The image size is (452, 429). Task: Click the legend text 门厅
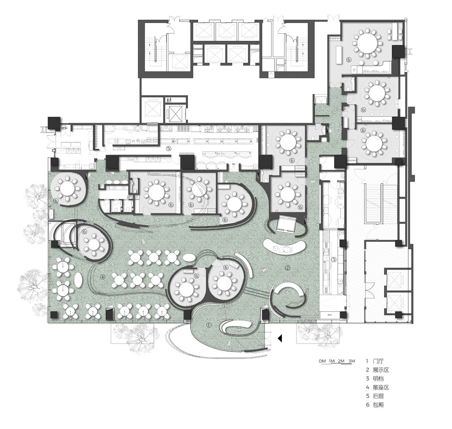(378, 361)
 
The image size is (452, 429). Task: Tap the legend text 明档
(378, 379)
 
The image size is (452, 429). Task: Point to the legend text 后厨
(378, 396)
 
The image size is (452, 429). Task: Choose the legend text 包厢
(378, 405)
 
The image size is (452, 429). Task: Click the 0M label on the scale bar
(322, 361)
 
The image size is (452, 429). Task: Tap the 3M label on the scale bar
(351, 361)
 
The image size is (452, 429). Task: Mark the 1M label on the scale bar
(332, 361)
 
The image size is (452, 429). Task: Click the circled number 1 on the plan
(209, 325)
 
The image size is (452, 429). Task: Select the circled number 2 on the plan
(288, 268)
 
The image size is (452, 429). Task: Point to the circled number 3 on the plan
(334, 260)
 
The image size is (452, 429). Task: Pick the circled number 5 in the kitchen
(168, 149)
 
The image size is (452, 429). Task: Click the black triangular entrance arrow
(280, 338)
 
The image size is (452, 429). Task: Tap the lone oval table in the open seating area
(78, 280)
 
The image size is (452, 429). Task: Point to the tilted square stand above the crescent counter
(286, 224)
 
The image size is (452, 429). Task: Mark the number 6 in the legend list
(368, 405)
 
